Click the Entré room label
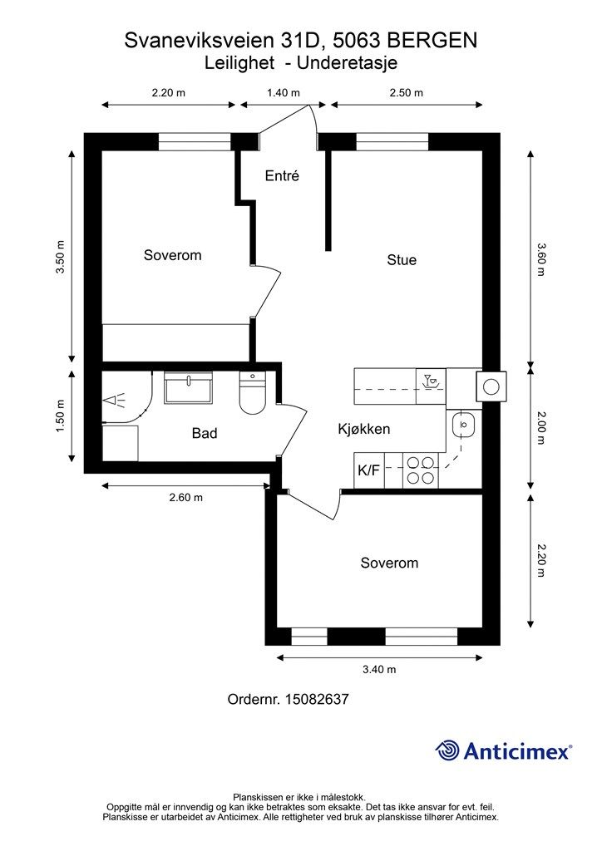282,176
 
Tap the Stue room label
402,259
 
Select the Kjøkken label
363,429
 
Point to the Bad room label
205,433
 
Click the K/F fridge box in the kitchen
368,470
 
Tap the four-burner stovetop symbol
422,470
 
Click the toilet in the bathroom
253,393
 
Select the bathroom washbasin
188,387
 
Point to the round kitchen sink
463,425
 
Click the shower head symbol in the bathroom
114,401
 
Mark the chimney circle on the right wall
491,387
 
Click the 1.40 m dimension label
284,93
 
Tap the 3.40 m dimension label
379,669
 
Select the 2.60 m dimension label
186,497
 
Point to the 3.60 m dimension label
540,259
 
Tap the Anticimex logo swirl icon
447,751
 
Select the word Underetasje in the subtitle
348,63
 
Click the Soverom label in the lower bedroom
389,563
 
